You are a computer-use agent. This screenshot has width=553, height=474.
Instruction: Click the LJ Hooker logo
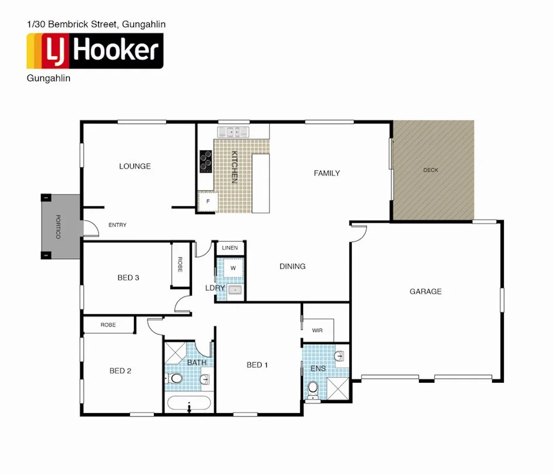[x=95, y=51]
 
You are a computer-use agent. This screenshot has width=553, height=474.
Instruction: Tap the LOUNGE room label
[x=135, y=166]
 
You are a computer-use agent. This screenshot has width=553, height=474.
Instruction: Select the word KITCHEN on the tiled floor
[x=234, y=167]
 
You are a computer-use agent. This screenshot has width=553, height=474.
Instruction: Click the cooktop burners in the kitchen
[x=205, y=162]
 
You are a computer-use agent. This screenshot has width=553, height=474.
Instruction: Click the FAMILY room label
[x=327, y=173]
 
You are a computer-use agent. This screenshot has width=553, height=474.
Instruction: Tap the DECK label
[x=431, y=170]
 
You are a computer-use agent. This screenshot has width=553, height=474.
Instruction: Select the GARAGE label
[x=425, y=291]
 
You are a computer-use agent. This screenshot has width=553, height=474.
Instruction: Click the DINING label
[x=293, y=266]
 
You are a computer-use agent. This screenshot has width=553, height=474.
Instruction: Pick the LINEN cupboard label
[x=230, y=248]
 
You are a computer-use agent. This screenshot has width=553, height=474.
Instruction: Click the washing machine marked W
[x=232, y=268]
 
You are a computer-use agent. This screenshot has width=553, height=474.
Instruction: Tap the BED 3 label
[x=128, y=277]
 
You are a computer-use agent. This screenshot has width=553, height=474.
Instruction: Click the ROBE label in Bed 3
[x=180, y=265]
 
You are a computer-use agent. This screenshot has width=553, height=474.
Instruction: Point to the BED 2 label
[x=121, y=370]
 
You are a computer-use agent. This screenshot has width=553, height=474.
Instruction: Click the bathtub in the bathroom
[x=188, y=404]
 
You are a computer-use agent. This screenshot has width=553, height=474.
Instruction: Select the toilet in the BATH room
[x=175, y=379]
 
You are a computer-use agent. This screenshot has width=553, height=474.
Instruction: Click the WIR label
[x=317, y=331]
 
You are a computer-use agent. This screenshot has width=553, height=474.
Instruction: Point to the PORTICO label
[x=58, y=226]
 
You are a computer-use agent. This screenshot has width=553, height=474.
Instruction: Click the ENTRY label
[x=118, y=225]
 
